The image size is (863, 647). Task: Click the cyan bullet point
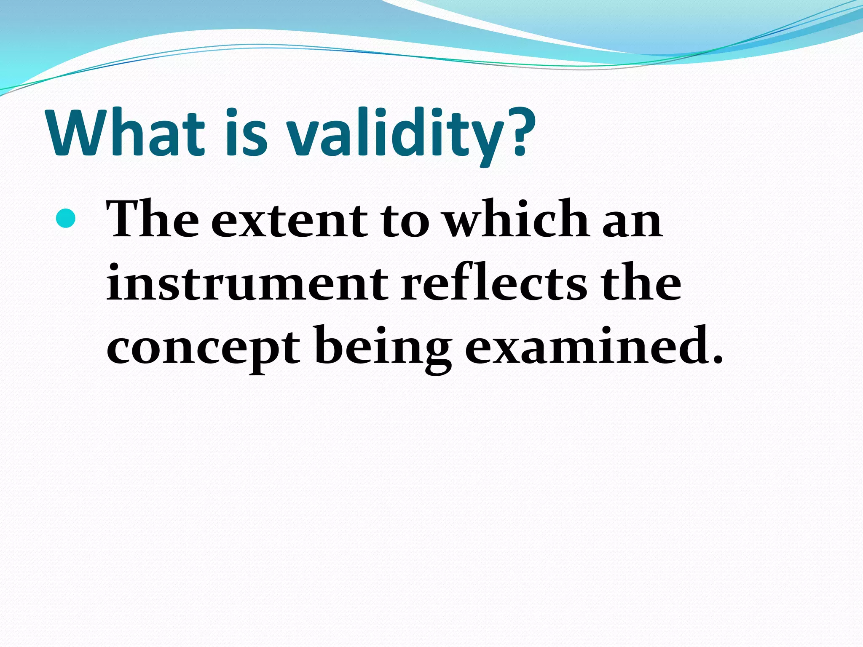click(x=66, y=218)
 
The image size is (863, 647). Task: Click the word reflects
click(x=493, y=282)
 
